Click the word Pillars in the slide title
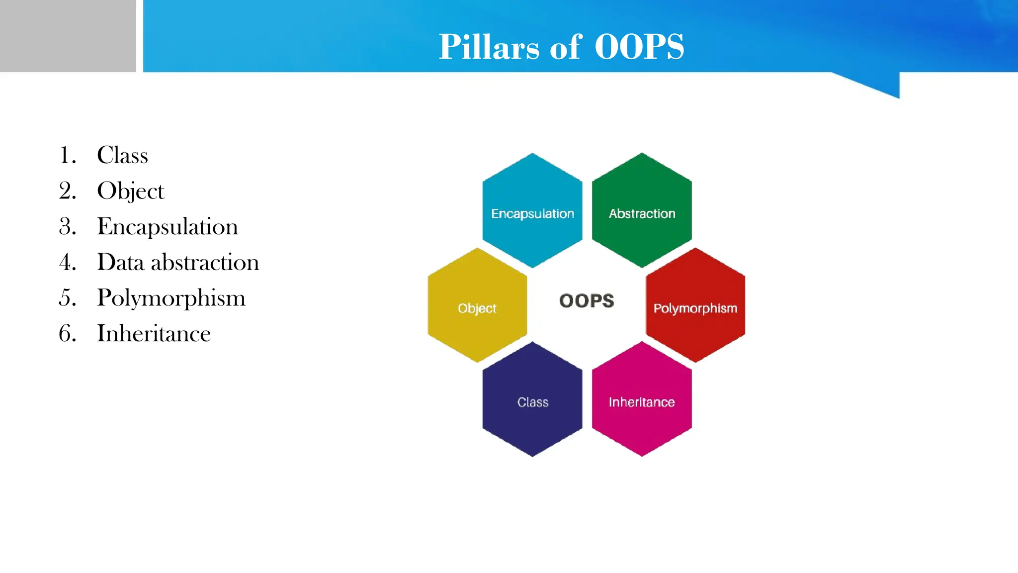pos(489,47)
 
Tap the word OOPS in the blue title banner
pos(639,47)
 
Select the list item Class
pos(122,155)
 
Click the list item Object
pos(130,191)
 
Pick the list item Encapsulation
pos(168,227)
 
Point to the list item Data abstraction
pos(178,262)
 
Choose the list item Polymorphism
pos(171,298)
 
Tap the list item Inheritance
pos(154,334)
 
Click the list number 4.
pos(67,262)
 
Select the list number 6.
pos(67,334)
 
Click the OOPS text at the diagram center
pos(587,301)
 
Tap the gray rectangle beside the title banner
pos(68,36)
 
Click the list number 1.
pos(67,155)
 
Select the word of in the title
pos(566,47)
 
